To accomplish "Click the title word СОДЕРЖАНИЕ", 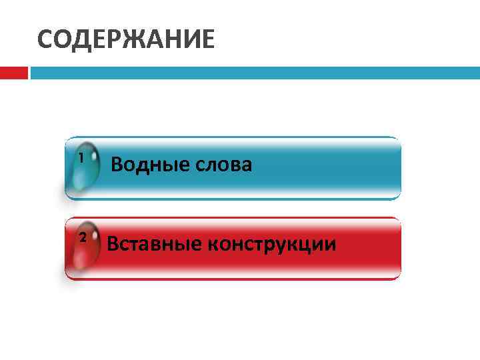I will coord(126,40).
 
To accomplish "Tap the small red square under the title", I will coord(13,73).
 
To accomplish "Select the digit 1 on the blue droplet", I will coord(81,158).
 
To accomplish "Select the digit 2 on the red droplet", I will coord(82,237).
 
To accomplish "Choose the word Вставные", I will coord(154,244).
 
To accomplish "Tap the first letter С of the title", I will coord(45,40).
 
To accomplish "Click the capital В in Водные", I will coord(117,164).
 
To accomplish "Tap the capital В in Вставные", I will coord(113,244).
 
